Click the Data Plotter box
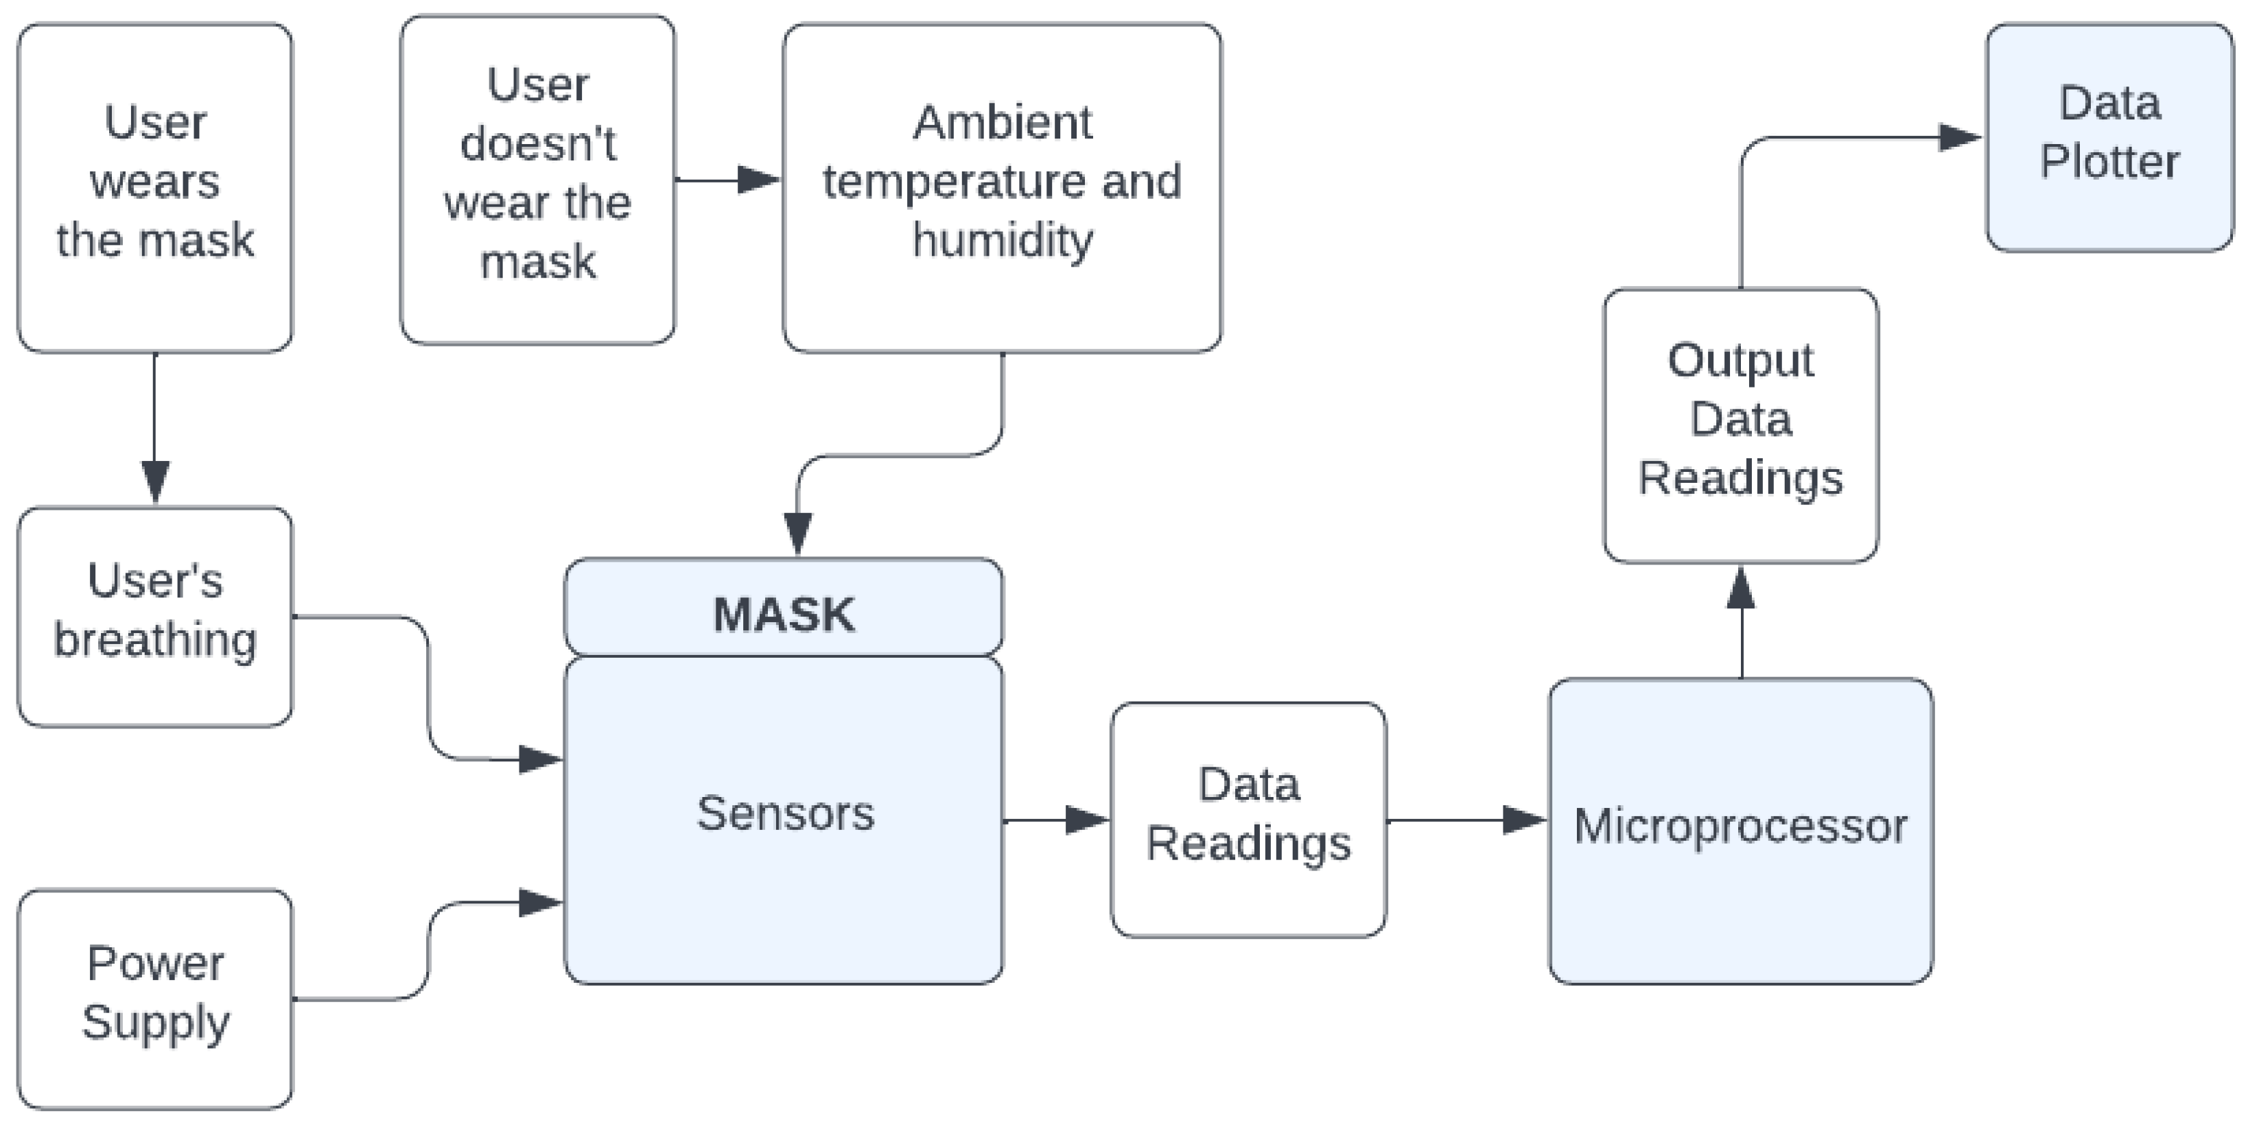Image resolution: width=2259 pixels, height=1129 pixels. tap(2109, 138)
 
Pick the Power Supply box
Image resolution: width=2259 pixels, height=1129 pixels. tap(155, 999)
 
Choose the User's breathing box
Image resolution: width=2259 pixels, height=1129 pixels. tap(155, 616)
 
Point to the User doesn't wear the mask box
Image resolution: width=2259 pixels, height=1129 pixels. tap(537, 180)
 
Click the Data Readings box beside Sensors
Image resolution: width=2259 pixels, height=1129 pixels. tap(1248, 820)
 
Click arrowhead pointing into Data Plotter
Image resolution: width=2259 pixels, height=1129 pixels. tap(1960, 138)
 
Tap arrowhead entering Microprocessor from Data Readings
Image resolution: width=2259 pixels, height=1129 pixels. tap(1524, 820)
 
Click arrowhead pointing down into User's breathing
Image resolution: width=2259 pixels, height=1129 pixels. tap(155, 482)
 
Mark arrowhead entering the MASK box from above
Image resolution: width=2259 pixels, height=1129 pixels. tap(797, 533)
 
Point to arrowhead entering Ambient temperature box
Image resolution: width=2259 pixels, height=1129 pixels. tap(758, 180)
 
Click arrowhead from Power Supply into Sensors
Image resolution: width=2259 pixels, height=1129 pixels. tap(539, 902)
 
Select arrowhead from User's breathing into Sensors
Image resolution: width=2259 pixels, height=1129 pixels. tap(539, 759)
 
